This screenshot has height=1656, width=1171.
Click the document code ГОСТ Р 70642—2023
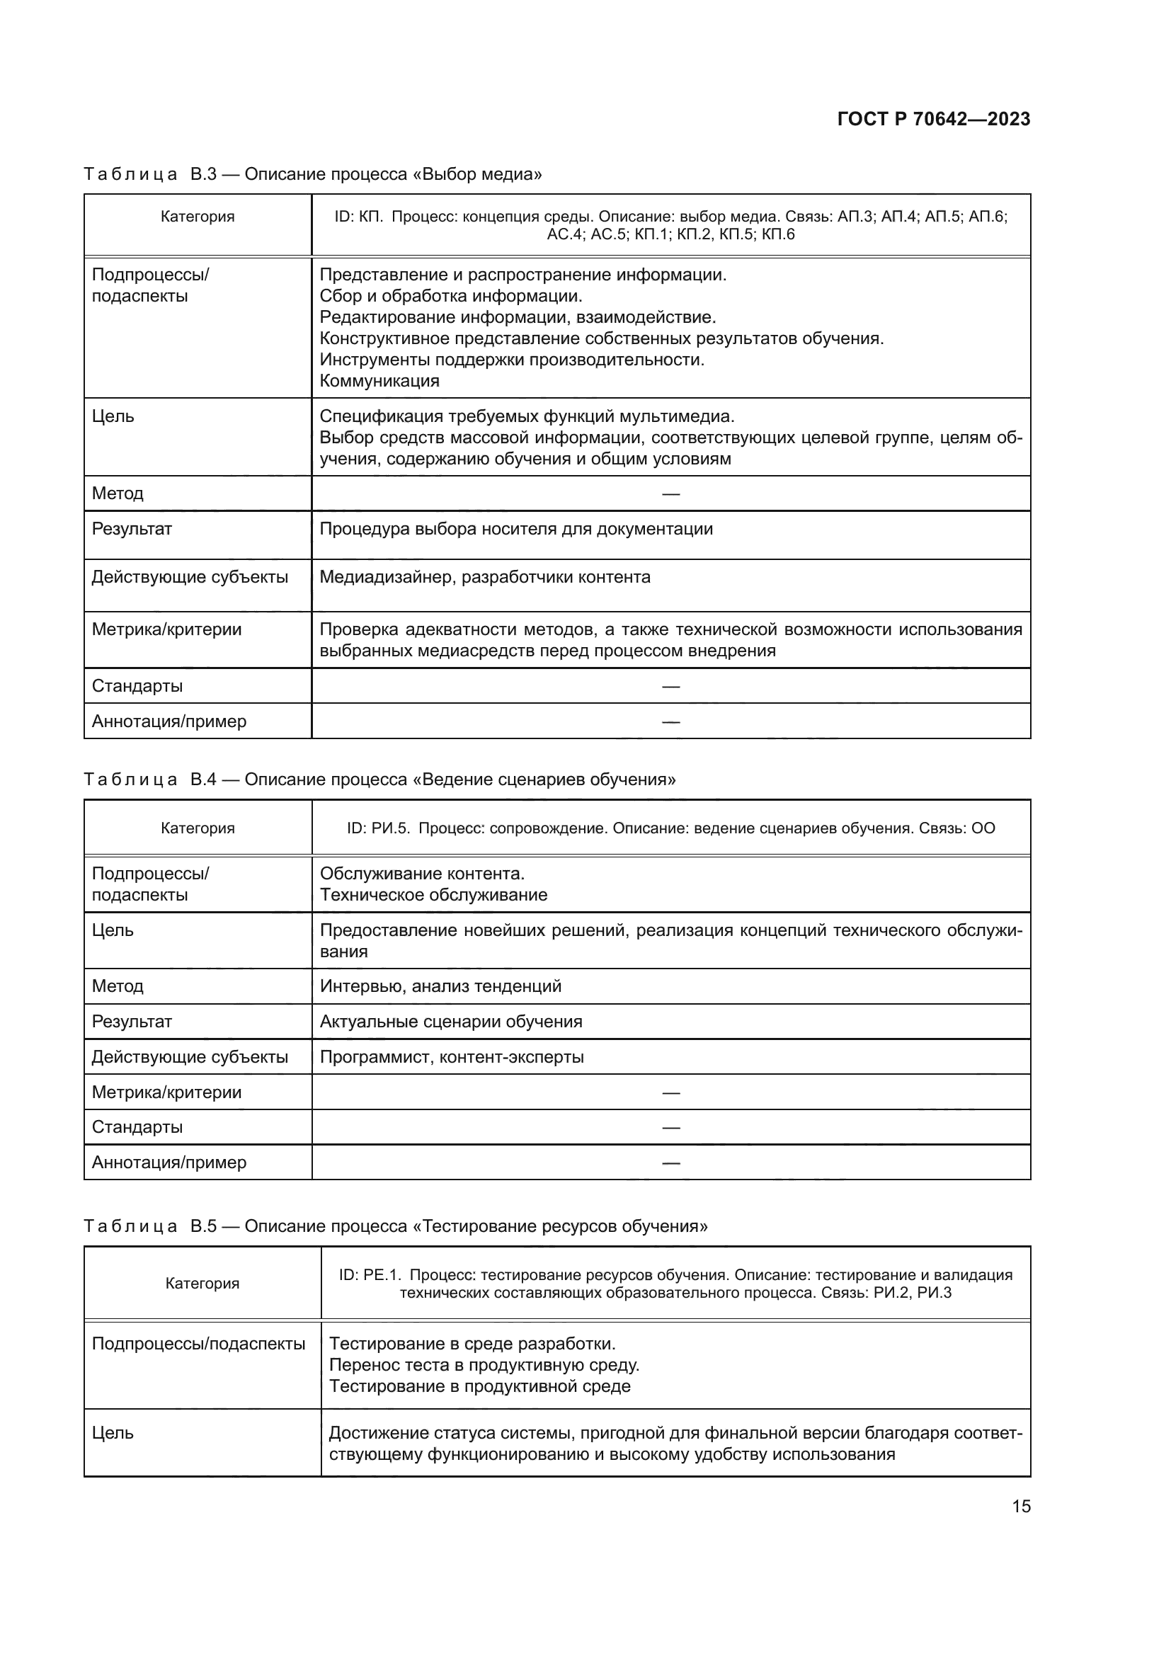coord(933,119)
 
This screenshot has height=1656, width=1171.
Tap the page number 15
coord(1021,1506)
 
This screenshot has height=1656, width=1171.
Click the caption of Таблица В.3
coord(312,174)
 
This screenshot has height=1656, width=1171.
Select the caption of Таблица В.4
coord(379,779)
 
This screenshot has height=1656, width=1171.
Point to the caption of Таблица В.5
coord(395,1226)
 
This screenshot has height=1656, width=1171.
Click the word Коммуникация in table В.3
coord(379,381)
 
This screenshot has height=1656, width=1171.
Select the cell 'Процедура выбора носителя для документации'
coord(515,529)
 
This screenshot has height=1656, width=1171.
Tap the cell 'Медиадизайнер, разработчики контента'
coord(484,577)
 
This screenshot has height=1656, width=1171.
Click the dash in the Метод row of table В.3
coord(670,494)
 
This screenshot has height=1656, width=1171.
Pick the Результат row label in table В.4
coord(132,1022)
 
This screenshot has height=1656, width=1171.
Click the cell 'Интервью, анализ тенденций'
coord(440,986)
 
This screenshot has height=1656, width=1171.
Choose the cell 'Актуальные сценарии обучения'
coord(451,1022)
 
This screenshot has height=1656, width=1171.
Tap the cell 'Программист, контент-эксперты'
coord(452,1056)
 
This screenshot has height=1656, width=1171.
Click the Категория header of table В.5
coord(202,1283)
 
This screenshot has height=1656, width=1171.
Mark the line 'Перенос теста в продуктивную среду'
coord(484,1364)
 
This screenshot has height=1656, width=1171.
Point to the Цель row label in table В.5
coord(113,1432)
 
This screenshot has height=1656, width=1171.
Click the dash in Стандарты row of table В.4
coord(670,1127)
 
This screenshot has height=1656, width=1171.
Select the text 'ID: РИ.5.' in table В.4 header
coord(378,828)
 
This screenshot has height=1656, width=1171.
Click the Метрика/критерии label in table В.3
coord(166,629)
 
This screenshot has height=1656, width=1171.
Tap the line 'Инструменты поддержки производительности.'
coord(511,359)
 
